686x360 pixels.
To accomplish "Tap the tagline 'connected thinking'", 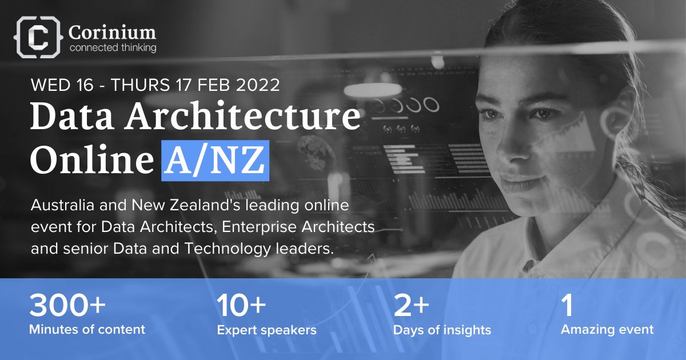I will [112, 48].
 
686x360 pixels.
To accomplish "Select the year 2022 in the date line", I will [256, 85].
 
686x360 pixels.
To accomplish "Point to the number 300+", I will [67, 306].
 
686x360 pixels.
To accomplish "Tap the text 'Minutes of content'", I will [87, 329].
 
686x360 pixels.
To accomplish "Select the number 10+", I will [241, 306].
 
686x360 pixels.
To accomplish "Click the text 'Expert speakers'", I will [266, 330].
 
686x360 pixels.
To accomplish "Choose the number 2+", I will [411, 306].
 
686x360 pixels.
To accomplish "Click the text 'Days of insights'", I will [442, 330].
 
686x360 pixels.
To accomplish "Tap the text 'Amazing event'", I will [607, 329].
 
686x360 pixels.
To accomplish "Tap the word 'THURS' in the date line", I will [141, 85].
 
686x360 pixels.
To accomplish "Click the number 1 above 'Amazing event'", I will [567, 306].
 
